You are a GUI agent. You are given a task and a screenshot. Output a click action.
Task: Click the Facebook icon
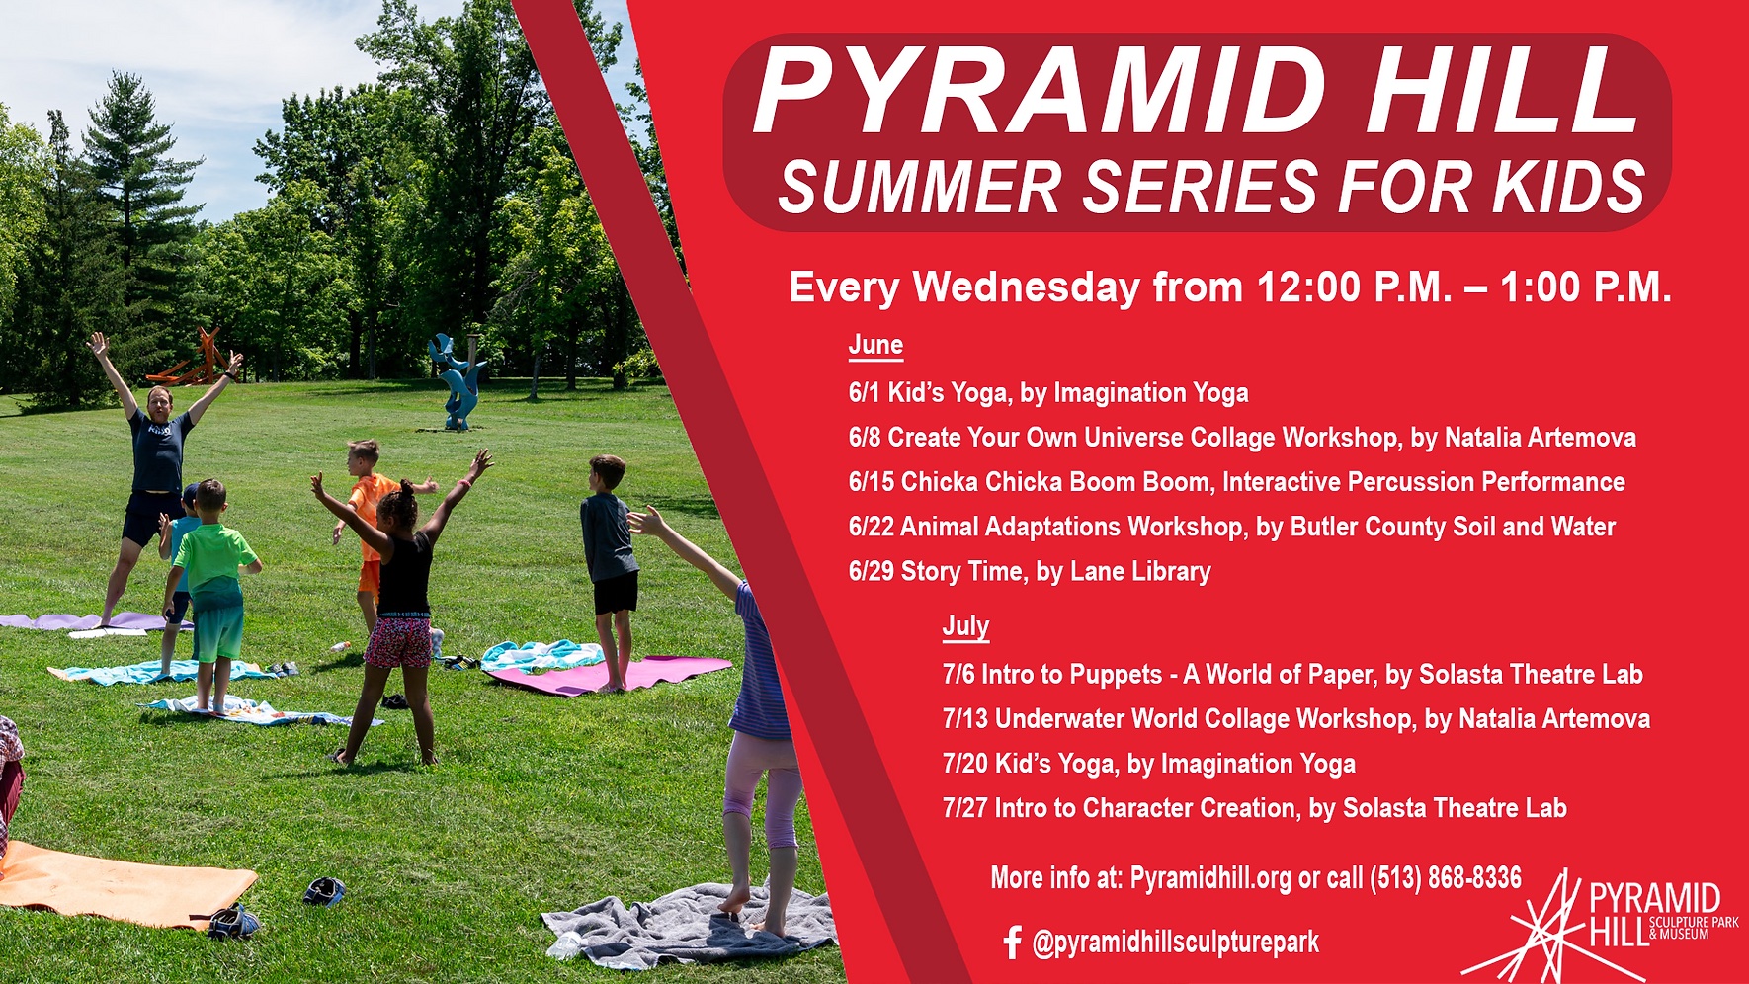click(x=1011, y=943)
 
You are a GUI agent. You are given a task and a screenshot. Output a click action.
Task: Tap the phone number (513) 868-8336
click(x=1446, y=877)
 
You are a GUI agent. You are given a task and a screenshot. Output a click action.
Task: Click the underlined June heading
click(x=875, y=345)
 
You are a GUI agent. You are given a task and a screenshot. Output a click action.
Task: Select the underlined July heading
click(x=965, y=626)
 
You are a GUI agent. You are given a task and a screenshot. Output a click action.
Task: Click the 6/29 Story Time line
click(x=1030, y=572)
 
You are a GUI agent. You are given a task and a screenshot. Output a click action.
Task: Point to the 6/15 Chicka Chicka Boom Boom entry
click(x=1236, y=482)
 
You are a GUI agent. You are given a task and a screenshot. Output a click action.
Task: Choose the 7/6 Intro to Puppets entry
click(x=1292, y=675)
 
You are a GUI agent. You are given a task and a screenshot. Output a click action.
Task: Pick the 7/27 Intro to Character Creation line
click(x=1255, y=808)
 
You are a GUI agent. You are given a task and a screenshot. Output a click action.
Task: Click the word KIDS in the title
click(x=1569, y=187)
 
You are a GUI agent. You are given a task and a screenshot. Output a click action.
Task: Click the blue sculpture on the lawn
click(x=457, y=380)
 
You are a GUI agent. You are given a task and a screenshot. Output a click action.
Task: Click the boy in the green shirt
click(x=211, y=593)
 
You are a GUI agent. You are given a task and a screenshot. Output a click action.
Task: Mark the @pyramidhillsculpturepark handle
click(x=1175, y=943)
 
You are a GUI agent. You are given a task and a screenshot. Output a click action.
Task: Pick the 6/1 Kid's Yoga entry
click(x=1048, y=393)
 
